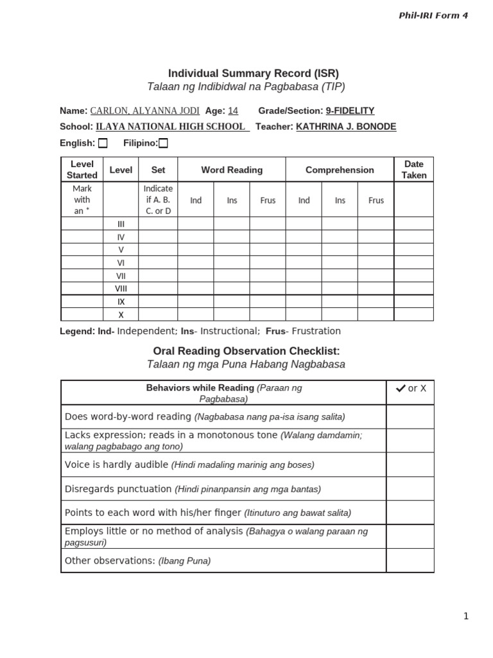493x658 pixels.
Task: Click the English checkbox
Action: pyautogui.click(x=103, y=143)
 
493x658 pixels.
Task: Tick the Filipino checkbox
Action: pyautogui.click(x=163, y=143)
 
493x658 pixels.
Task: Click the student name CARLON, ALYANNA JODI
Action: pyautogui.click(x=144, y=111)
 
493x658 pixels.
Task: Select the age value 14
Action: pyautogui.click(x=233, y=111)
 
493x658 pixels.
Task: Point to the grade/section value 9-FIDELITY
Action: pyautogui.click(x=350, y=111)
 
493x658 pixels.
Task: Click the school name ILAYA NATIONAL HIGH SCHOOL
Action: pyautogui.click(x=171, y=127)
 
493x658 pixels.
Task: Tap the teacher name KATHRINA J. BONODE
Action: pyautogui.click(x=346, y=127)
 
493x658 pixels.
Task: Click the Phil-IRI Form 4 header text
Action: pyautogui.click(x=434, y=15)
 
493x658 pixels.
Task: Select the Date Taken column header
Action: pyautogui.click(x=414, y=170)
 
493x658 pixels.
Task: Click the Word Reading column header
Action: pyautogui.click(x=232, y=170)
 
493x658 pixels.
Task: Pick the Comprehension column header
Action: pyautogui.click(x=340, y=170)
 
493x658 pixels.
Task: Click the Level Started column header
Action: pyautogui.click(x=82, y=170)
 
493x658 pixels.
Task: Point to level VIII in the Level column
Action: pyautogui.click(x=121, y=289)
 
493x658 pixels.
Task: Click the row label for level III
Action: pyautogui.click(x=121, y=224)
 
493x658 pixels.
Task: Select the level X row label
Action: pyautogui.click(x=121, y=315)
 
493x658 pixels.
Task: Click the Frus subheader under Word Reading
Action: pyautogui.click(x=268, y=200)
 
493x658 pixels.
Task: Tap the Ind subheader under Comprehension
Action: pyautogui.click(x=304, y=200)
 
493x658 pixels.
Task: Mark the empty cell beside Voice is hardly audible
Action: pyautogui.click(x=410, y=465)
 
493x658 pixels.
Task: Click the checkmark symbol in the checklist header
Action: pyautogui.click(x=400, y=388)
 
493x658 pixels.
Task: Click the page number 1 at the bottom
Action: pyautogui.click(x=466, y=616)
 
